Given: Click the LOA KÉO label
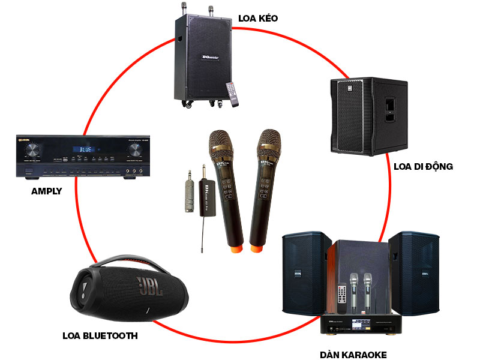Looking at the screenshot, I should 258,18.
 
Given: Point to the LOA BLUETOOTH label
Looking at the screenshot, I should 100,335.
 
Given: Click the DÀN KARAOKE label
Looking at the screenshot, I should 354,354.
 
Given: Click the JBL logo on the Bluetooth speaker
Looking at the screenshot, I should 149,286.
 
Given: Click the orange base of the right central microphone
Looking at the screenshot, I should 256,246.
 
